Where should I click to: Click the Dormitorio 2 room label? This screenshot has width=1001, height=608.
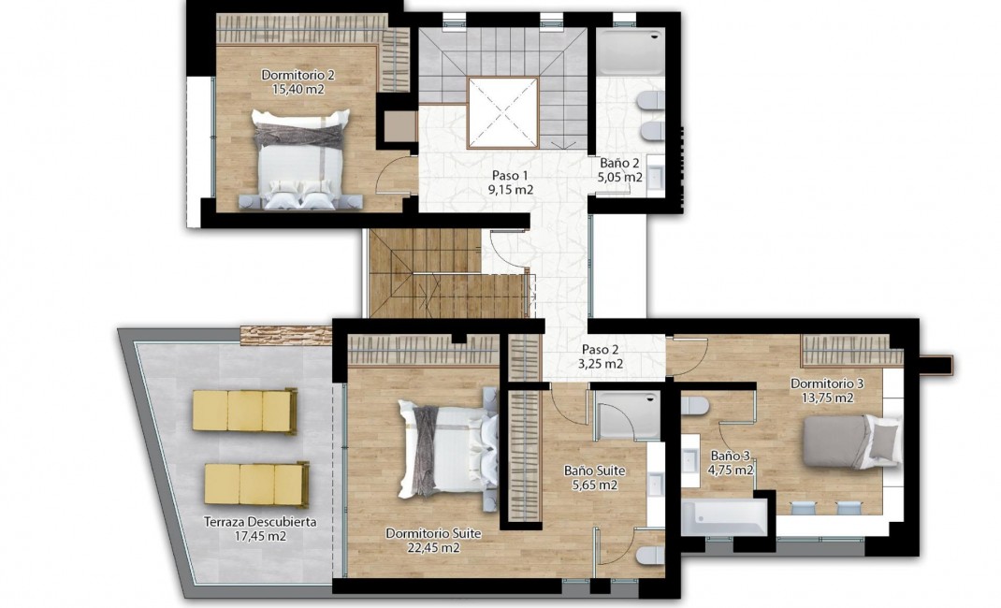pos(297,75)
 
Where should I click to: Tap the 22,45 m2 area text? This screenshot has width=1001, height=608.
pos(433,548)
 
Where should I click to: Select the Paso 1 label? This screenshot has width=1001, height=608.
pos(510,175)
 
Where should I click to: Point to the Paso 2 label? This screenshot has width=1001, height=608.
pos(602,349)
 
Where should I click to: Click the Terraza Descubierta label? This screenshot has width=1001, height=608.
pos(260,522)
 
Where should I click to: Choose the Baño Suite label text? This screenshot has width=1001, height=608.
pos(594,470)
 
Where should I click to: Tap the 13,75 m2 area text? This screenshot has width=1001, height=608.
pos(826,398)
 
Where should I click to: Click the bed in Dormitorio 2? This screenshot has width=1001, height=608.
pos(300,159)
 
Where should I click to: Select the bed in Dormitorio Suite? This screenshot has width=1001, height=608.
pos(446,447)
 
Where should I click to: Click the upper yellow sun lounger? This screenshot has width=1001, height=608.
pos(244,410)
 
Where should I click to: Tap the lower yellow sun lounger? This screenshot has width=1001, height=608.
pos(255,484)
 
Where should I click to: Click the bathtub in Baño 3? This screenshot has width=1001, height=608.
pos(723,517)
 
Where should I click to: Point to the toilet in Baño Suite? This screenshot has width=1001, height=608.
pos(649,556)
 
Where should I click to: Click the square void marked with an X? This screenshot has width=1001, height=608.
pos(502,112)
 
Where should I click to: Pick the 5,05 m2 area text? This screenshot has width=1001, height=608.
pos(621,177)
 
